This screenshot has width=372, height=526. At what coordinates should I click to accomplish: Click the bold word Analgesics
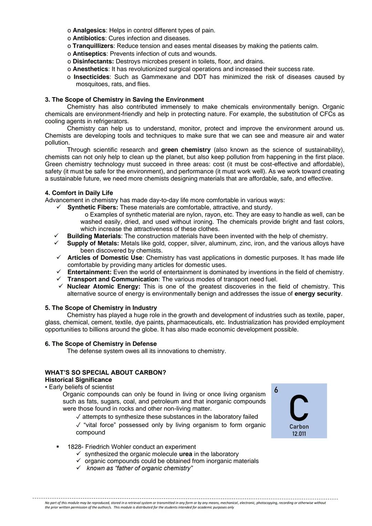coord(89,30)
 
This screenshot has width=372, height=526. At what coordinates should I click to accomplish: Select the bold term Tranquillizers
coord(93,46)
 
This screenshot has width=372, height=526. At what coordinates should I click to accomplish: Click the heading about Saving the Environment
coord(124,100)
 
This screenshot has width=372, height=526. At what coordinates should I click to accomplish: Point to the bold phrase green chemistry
coord(186,150)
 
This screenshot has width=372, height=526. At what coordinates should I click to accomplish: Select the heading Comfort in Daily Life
coord(79,193)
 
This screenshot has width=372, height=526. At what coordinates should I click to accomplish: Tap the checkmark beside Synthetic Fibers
coord(59,207)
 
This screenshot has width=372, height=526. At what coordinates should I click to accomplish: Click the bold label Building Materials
coord(94,236)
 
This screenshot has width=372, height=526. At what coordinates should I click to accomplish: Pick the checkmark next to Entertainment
coord(59,272)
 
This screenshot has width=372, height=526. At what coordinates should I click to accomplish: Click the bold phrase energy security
coord(318,294)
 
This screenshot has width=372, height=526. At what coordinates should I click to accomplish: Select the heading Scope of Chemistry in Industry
coord(101,308)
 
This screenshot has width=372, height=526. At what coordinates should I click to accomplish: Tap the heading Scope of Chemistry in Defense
coord(101,344)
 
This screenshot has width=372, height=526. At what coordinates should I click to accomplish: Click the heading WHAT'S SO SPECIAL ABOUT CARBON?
coord(105,372)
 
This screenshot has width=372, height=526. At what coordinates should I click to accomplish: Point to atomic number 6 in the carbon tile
coord(276,390)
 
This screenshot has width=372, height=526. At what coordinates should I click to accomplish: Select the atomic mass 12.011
coord(299,434)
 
